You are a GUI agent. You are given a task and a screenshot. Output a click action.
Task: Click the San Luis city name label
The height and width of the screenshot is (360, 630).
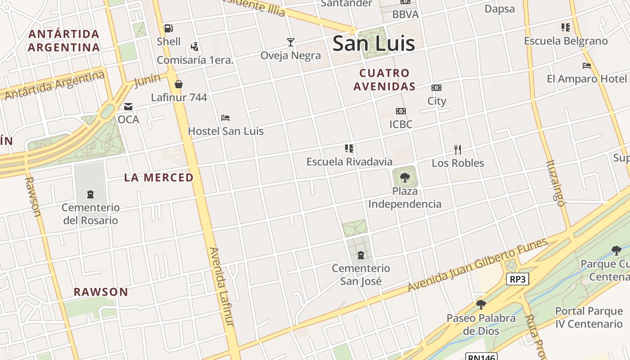(x=373, y=44)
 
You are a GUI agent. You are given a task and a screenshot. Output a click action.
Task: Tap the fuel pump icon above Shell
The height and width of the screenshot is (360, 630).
(x=169, y=28)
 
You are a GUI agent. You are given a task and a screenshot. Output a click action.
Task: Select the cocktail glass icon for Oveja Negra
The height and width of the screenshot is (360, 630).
(x=291, y=42)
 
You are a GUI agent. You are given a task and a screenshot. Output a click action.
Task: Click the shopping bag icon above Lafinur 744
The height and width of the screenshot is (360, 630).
(x=179, y=84)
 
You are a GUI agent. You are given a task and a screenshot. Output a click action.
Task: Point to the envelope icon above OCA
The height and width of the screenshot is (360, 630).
(x=128, y=107)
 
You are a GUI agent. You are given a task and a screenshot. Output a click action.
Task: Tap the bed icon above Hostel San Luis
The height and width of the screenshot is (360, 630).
(x=225, y=118)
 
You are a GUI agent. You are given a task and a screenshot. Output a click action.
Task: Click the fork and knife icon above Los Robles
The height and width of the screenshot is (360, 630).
(x=458, y=150)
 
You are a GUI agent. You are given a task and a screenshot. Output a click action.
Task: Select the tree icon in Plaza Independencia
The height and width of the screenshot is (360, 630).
(x=405, y=177)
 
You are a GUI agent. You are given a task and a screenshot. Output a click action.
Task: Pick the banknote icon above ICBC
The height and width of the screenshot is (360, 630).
(x=400, y=111)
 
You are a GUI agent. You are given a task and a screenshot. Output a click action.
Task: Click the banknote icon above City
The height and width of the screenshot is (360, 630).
(x=436, y=88)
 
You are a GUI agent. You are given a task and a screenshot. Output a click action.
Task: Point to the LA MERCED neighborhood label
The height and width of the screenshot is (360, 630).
(x=159, y=178)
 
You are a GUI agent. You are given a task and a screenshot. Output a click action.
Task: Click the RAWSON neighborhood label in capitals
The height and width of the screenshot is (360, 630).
(x=101, y=292)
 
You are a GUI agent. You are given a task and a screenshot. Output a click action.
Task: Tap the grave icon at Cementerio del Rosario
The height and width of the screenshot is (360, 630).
(x=90, y=194)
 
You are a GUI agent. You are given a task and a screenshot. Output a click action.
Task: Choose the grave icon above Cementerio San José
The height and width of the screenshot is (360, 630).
(x=360, y=255)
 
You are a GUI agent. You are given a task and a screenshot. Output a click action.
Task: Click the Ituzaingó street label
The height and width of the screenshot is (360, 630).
(x=555, y=183)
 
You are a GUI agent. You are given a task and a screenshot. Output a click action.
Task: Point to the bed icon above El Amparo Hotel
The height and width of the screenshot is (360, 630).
(x=586, y=66)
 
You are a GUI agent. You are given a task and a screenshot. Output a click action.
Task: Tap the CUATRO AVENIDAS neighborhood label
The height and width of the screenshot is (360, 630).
(x=384, y=80)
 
